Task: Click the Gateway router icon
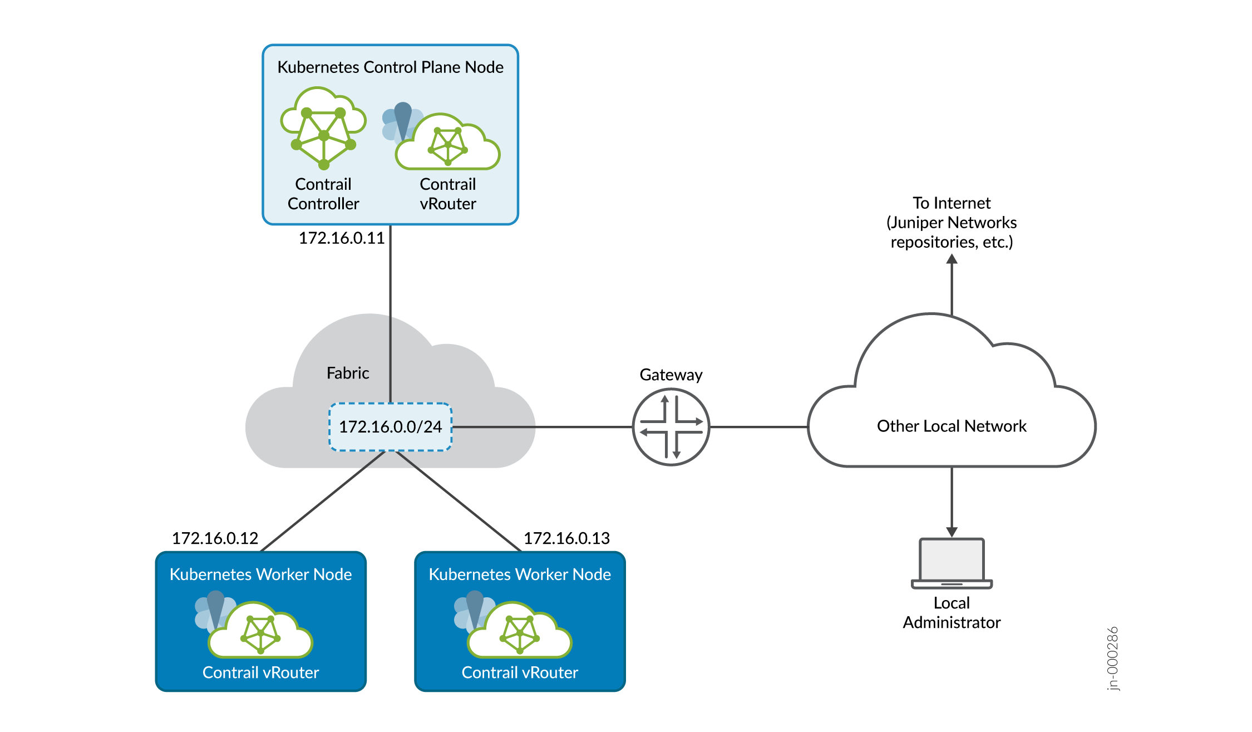click(x=671, y=427)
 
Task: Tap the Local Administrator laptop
click(x=952, y=563)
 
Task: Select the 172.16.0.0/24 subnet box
click(x=390, y=427)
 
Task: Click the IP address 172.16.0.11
click(x=342, y=238)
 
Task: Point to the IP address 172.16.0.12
click(x=215, y=538)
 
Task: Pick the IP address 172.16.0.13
click(x=566, y=538)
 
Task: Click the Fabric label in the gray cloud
click(x=348, y=373)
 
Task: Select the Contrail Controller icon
click(x=323, y=128)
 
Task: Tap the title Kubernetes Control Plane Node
click(x=390, y=67)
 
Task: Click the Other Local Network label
click(x=952, y=426)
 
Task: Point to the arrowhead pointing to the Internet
click(x=952, y=259)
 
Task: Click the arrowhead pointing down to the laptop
click(x=952, y=532)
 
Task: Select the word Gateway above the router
click(x=671, y=375)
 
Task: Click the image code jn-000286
click(x=1112, y=659)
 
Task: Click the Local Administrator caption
click(x=952, y=613)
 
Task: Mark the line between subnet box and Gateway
click(x=543, y=427)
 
